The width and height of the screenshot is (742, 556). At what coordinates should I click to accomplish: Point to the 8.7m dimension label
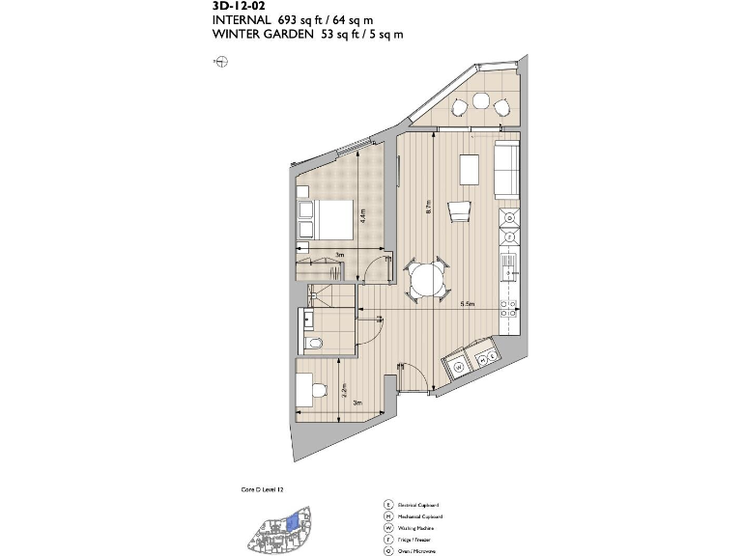(x=427, y=206)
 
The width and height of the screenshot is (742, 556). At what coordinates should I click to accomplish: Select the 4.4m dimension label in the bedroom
(x=362, y=216)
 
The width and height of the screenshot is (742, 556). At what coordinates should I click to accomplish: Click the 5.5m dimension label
(x=468, y=304)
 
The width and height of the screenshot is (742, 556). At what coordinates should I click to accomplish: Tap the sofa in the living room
(x=506, y=168)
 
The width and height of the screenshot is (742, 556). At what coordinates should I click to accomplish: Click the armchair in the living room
(x=459, y=209)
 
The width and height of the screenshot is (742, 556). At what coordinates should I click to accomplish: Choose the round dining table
(x=426, y=282)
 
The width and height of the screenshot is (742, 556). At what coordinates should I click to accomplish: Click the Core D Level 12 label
(x=262, y=490)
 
